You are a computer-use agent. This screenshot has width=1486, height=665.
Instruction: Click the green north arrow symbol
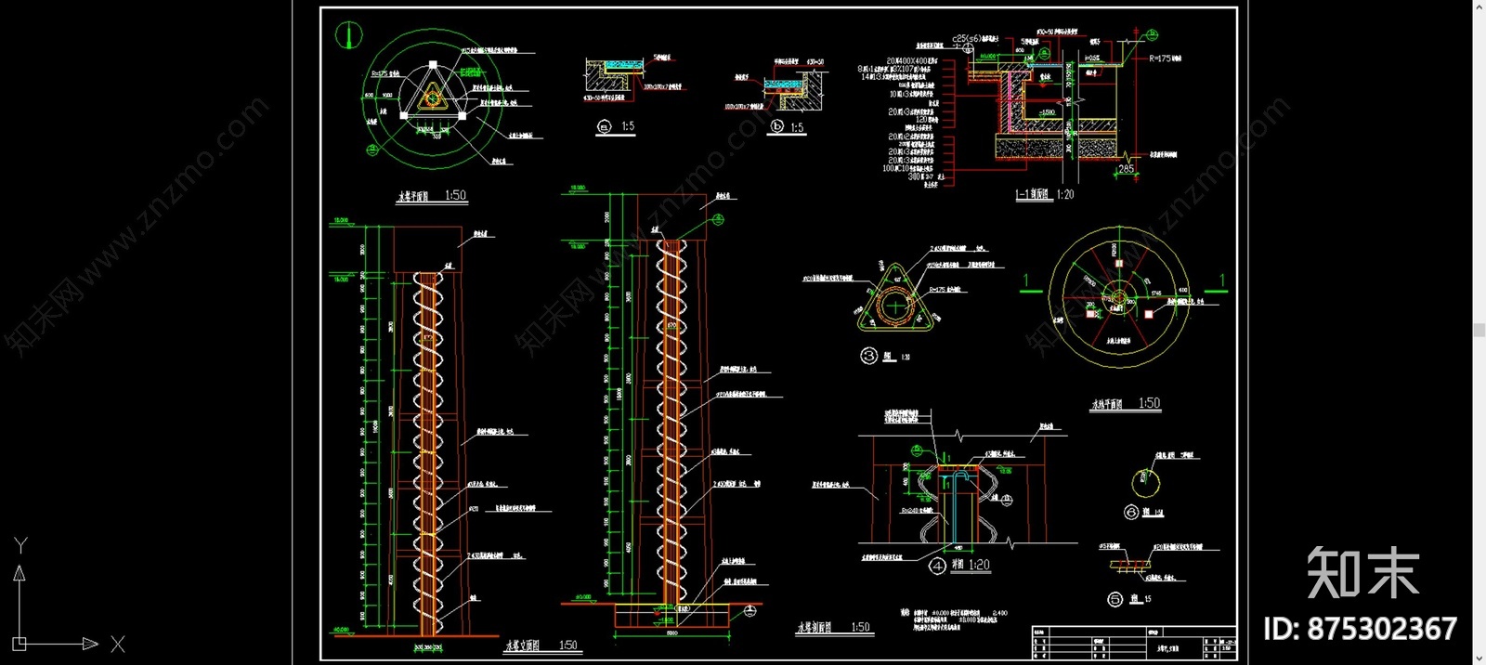[348, 35]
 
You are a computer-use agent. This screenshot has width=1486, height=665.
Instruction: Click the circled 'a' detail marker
[606, 128]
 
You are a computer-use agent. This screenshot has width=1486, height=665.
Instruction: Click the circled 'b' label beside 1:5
[777, 126]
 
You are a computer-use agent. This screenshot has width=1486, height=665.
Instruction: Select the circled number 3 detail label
[869, 355]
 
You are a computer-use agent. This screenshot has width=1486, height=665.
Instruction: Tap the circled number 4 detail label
[937, 565]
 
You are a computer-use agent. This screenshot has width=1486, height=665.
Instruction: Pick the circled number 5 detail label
[1115, 599]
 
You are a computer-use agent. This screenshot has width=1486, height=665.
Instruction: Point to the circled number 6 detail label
[1131, 512]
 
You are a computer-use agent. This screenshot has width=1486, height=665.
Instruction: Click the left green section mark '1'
[1026, 280]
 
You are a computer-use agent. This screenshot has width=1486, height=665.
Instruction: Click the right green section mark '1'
[1222, 280]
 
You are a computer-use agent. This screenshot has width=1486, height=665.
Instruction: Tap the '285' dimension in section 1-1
[1126, 169]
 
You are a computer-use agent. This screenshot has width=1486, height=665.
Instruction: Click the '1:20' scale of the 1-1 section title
[1064, 194]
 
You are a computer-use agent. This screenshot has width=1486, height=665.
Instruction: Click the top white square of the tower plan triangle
[433, 64]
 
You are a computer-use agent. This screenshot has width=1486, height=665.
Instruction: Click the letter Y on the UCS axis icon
[20, 545]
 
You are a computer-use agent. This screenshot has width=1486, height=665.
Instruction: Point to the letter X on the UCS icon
[117, 644]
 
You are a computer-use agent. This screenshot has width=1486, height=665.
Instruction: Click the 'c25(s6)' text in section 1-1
[966, 39]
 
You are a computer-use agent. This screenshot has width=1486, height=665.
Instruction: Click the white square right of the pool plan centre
[1149, 314]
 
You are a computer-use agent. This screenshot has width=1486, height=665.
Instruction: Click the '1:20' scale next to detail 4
[979, 565]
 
